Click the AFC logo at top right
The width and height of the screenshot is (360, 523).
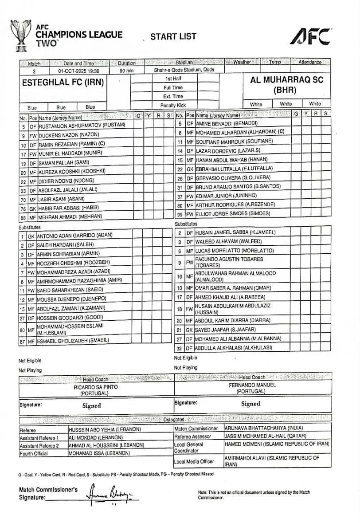(310, 36)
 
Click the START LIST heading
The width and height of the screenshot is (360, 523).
(173, 36)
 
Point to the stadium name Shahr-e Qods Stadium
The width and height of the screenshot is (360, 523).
(184, 71)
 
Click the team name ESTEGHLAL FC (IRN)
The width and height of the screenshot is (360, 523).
(63, 83)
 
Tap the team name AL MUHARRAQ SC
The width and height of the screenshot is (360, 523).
(287, 80)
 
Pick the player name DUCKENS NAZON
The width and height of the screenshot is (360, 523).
(69, 135)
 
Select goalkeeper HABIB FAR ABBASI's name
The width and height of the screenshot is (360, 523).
(68, 208)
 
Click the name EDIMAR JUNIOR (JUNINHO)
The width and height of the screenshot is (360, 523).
(226, 196)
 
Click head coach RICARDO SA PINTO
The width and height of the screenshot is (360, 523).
(96, 387)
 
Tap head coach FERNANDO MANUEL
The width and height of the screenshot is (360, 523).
(252, 385)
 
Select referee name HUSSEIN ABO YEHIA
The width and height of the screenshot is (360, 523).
(105, 429)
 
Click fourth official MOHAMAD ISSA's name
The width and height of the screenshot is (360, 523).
(99, 453)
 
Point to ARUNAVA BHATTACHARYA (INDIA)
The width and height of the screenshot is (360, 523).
(264, 428)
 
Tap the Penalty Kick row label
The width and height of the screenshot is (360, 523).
(173, 106)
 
